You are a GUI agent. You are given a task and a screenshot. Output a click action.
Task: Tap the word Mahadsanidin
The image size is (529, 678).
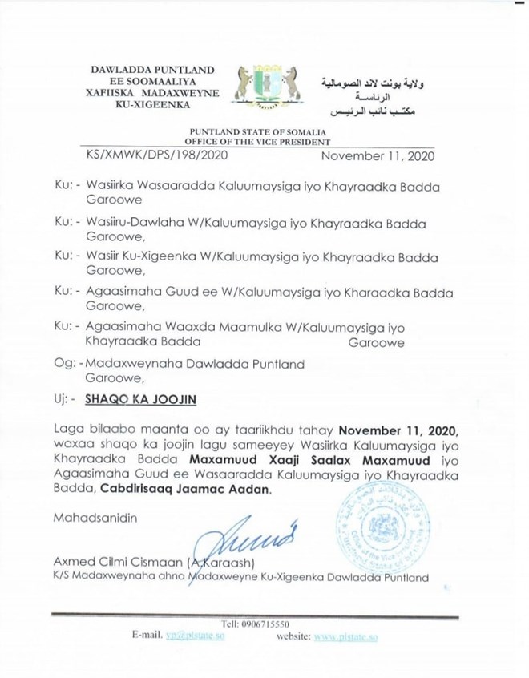95,517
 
